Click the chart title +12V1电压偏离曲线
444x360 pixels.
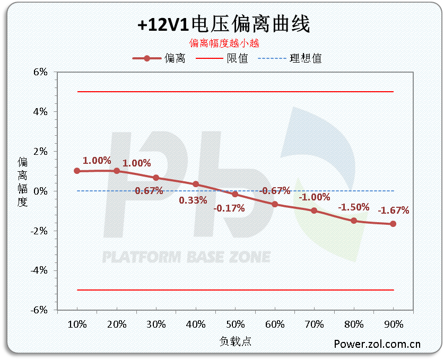point(223,24)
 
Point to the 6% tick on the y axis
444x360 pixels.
point(41,72)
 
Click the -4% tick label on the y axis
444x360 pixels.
point(39,270)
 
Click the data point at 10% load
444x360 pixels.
point(77,171)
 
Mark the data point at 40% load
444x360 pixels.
point(196,184)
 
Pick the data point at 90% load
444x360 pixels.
point(393,224)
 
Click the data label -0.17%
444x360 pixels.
point(229,208)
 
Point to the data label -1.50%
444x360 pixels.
point(354,207)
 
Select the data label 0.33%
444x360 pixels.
point(193,200)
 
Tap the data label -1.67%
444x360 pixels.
point(393,210)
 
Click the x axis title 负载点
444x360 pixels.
point(235,341)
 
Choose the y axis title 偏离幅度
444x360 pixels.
point(22,181)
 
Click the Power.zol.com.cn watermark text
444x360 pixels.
point(377,344)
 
